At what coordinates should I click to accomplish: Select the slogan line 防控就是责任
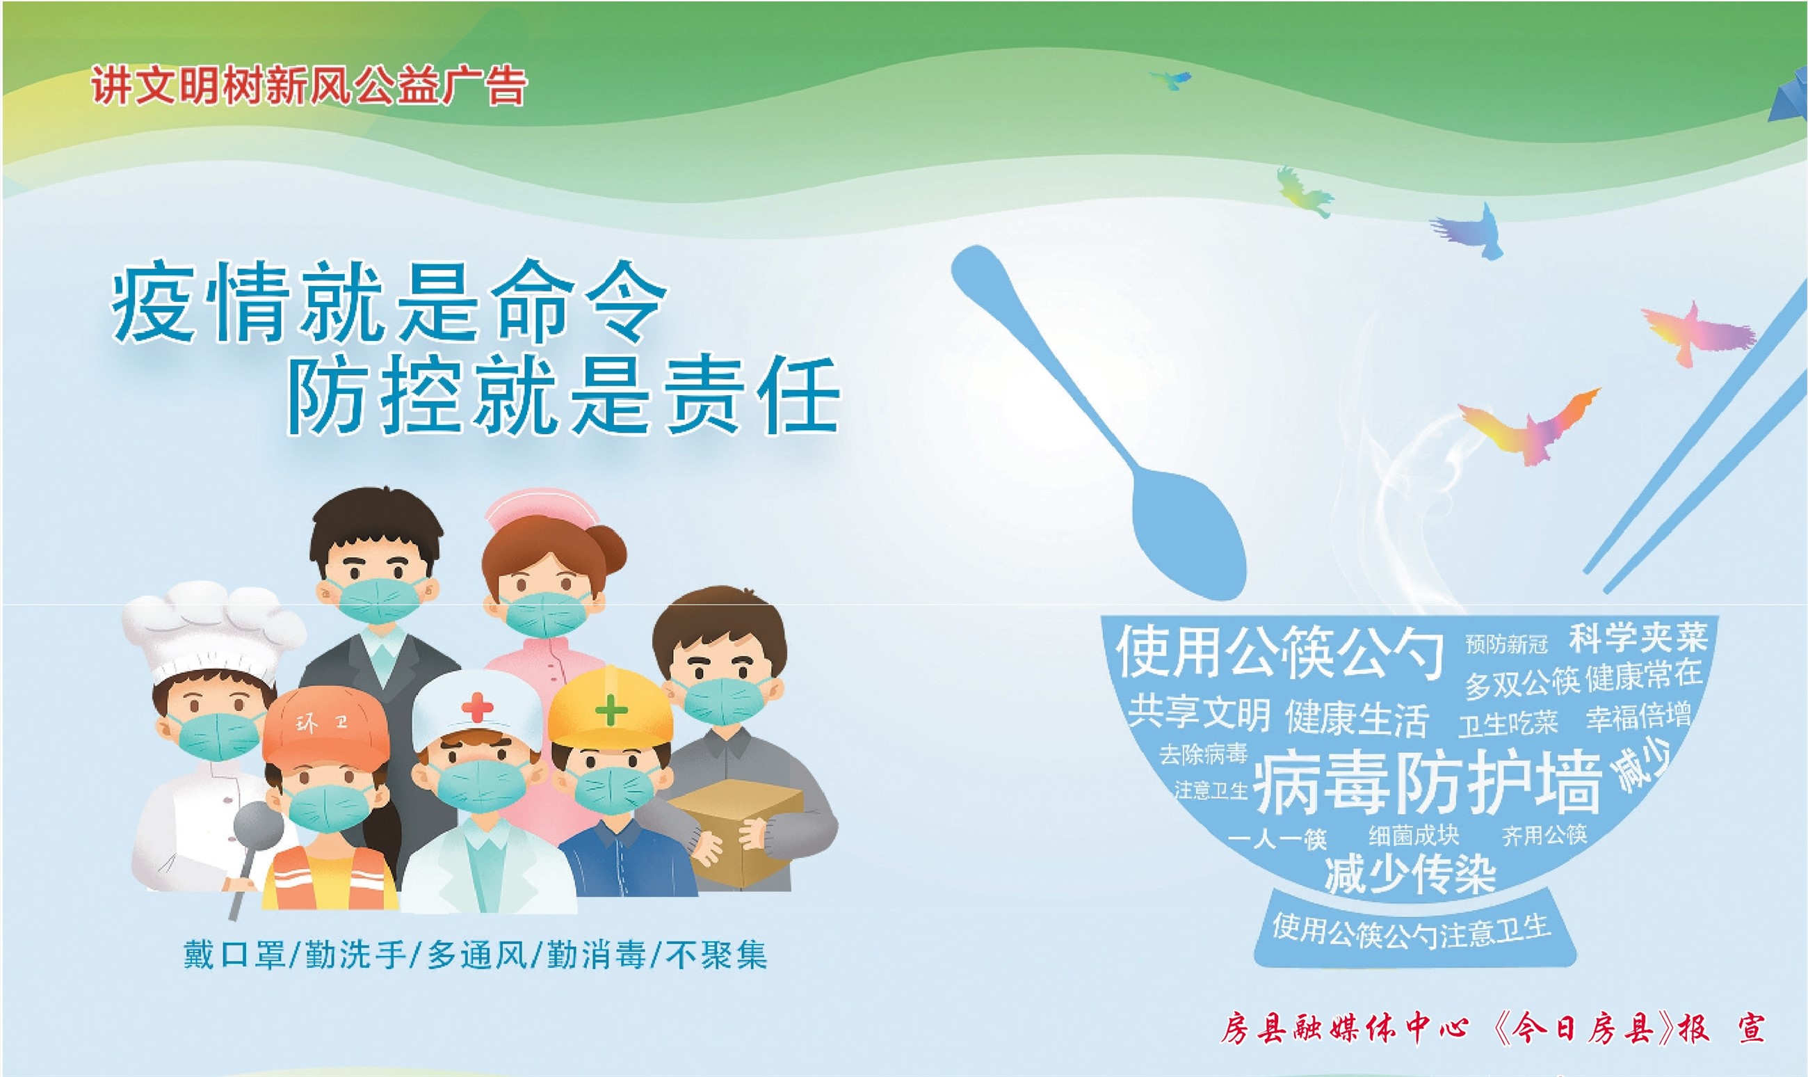pos(563,397)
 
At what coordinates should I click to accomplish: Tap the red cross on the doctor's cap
pos(476,706)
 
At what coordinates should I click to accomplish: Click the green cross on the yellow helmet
pos(611,708)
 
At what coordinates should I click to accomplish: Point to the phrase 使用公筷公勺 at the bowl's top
pos(1280,653)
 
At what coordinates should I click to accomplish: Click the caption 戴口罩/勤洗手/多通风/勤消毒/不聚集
pos(475,955)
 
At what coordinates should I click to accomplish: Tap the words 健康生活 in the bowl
pos(1357,719)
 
